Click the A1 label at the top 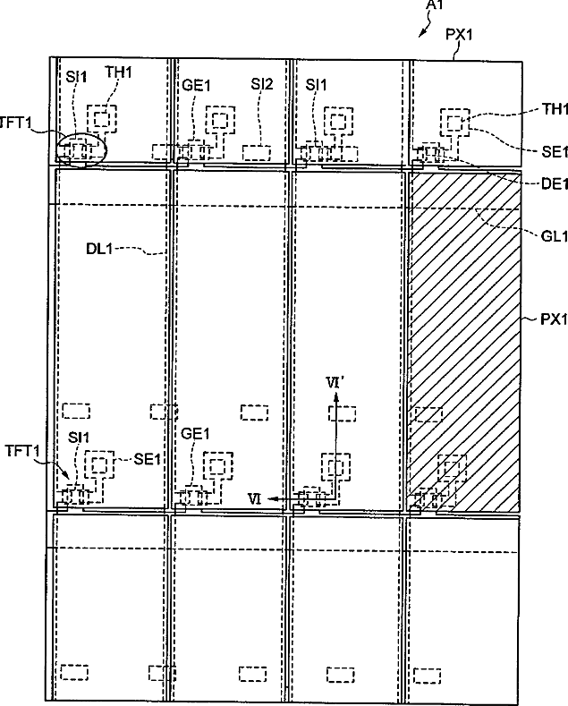[437, 7]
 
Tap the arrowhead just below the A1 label [421, 34]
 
